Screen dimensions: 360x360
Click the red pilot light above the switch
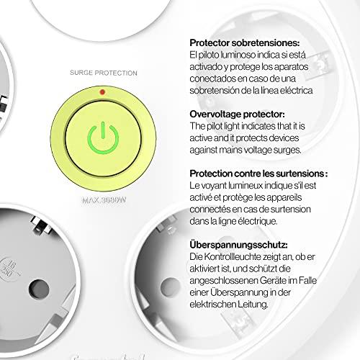pos(102,91)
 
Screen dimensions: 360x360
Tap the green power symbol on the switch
pos(103,138)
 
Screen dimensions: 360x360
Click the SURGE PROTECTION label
pos(104,73)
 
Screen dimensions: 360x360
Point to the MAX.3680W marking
pos(104,200)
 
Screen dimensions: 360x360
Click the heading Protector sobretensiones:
pos(245,43)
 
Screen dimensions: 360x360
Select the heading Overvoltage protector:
pos(237,114)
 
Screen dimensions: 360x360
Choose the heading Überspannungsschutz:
pos(238,245)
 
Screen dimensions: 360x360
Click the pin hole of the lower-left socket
pos(39,289)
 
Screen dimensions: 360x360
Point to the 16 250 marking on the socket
pos(9,269)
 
